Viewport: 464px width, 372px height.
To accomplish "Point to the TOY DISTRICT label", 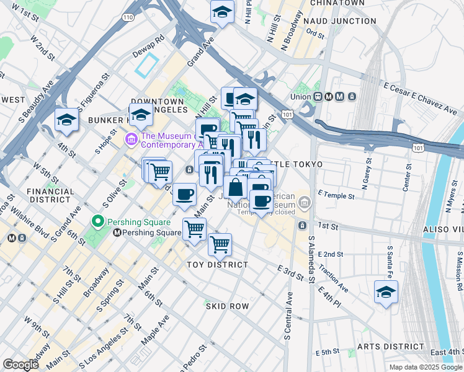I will pyautogui.click(x=218, y=265).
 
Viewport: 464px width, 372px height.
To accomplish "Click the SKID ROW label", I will pyautogui.click(x=228, y=306).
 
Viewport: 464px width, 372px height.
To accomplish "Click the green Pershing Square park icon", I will pyautogui.click(x=97, y=221).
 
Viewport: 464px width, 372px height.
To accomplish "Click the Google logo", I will pyautogui.click(x=21, y=365).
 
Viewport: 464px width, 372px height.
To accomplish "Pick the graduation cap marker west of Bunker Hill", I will pyautogui.click(x=66, y=120).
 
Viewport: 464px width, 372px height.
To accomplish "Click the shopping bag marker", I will pyautogui.click(x=236, y=187).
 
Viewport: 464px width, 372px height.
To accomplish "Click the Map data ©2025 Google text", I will pyautogui.click(x=426, y=367).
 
